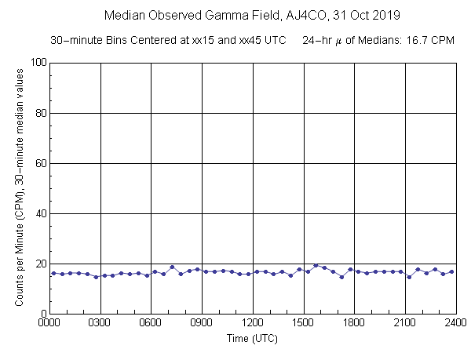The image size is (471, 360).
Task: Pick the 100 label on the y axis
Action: [x=37, y=63]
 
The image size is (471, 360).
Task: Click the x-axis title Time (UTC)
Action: [x=252, y=339]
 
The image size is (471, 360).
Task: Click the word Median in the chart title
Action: [x=123, y=15]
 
